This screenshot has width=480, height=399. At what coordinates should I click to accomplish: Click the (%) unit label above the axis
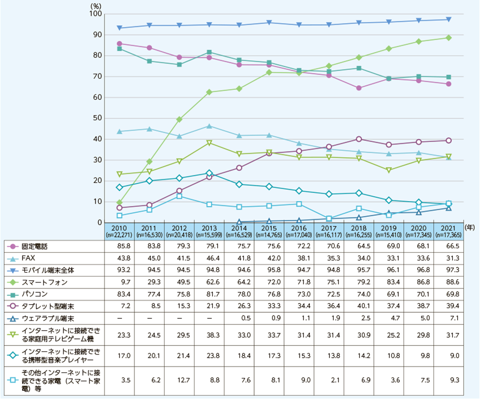point(93,4)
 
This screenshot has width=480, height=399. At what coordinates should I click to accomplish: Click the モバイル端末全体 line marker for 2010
point(119,28)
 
